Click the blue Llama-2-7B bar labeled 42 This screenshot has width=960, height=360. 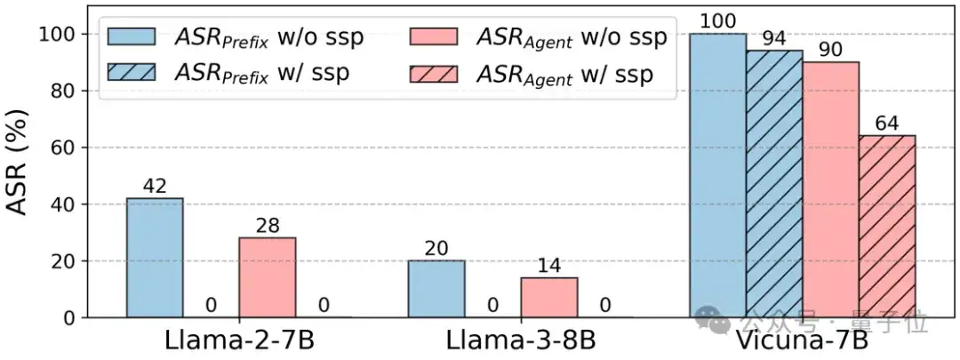pyautogui.click(x=155, y=258)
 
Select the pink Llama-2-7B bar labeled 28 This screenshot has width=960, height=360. pyautogui.click(x=268, y=277)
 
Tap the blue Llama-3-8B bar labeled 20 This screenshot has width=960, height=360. pyautogui.click(x=436, y=289)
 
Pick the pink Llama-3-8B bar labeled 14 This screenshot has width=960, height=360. pyautogui.click(x=549, y=297)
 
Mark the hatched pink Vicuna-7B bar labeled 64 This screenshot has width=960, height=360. pyautogui.click(x=887, y=227)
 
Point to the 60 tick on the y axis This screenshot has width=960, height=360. pyautogui.click(x=67, y=148)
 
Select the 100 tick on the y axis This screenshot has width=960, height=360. pyautogui.click(x=60, y=34)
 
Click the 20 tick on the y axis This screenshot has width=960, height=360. pyautogui.click(x=67, y=261)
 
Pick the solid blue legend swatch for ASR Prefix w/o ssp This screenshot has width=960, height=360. pyautogui.click(x=131, y=36)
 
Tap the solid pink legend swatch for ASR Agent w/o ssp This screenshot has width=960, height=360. pyautogui.click(x=433, y=36)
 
